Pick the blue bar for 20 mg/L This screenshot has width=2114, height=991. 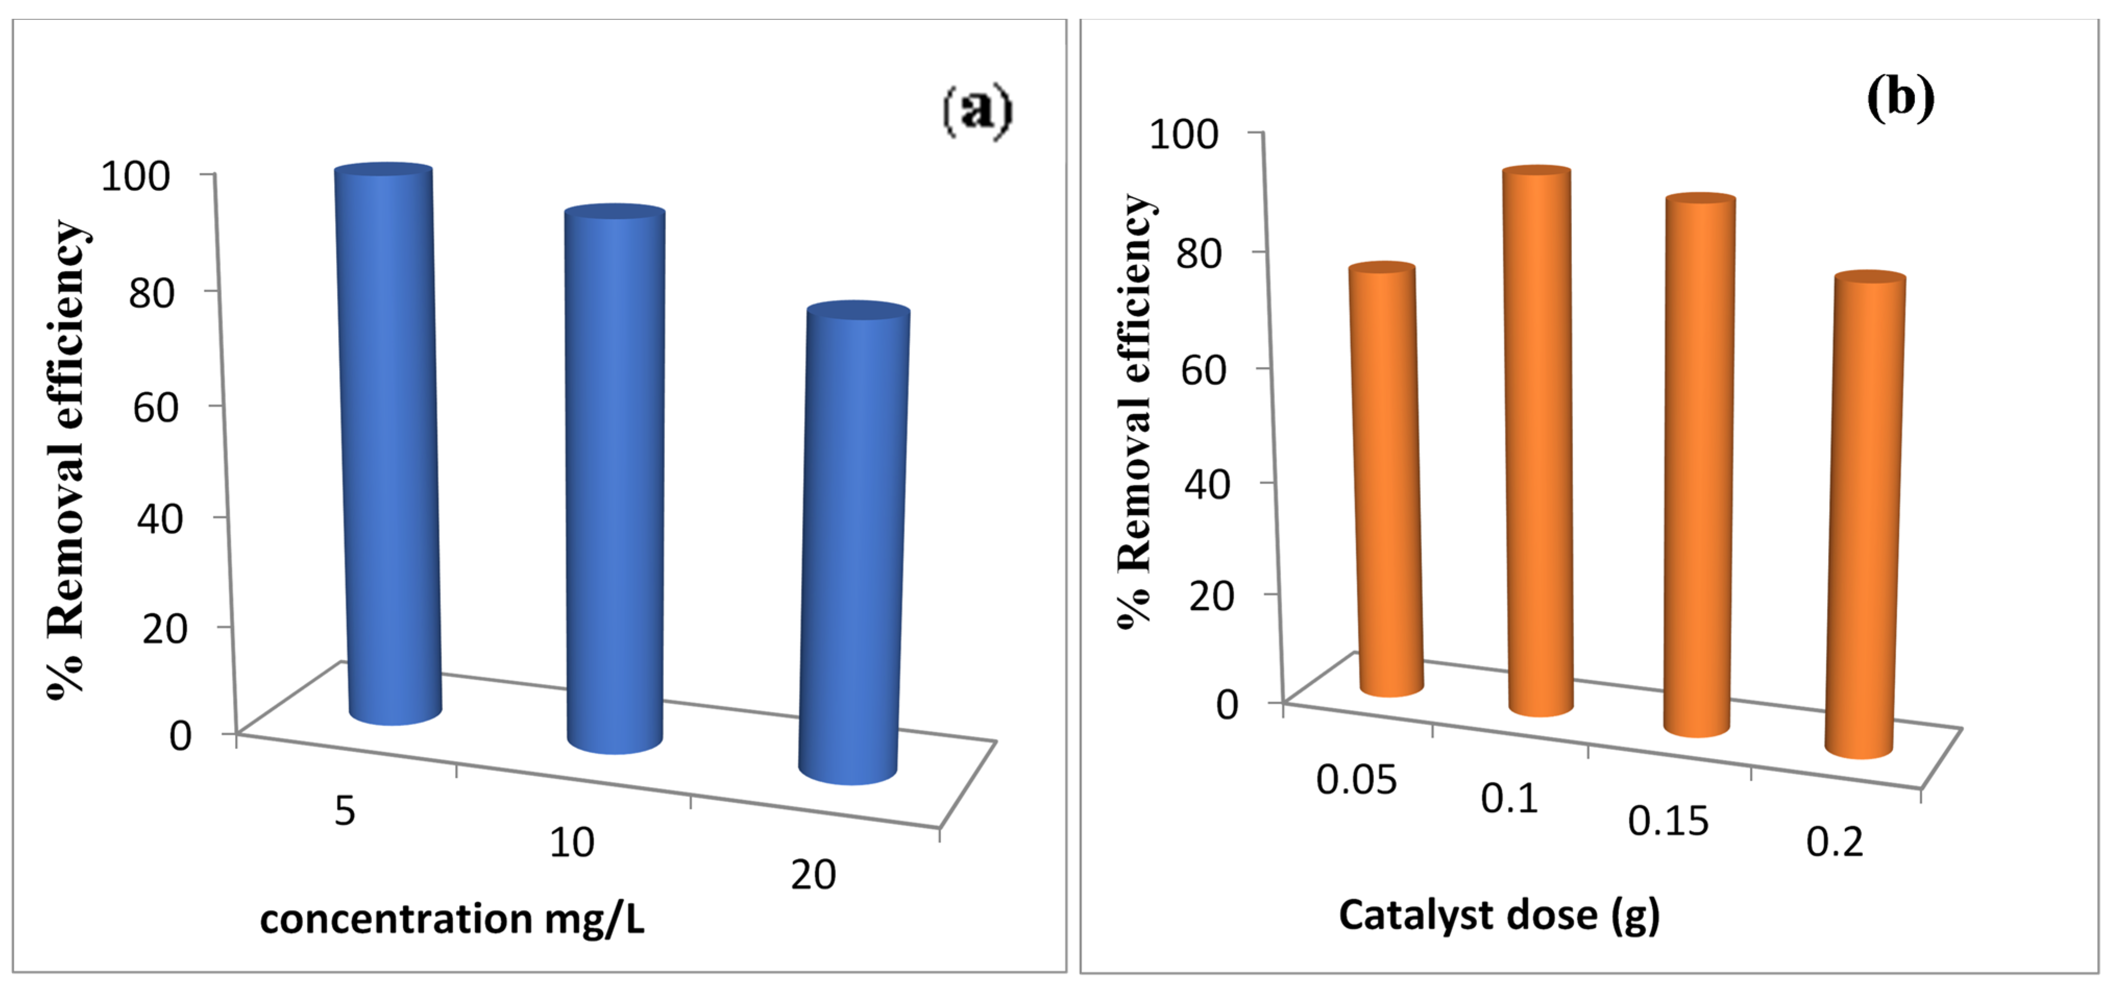(854, 542)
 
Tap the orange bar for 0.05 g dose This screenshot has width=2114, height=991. (1386, 480)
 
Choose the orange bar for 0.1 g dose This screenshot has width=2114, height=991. (1539, 439)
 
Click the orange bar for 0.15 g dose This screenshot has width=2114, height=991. (1699, 464)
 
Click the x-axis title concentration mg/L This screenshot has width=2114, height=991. (452, 919)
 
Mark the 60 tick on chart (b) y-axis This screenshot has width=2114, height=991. (1203, 370)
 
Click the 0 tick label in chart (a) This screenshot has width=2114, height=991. (180, 735)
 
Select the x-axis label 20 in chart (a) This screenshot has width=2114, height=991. (813, 875)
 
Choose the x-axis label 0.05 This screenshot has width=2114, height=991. (1356, 780)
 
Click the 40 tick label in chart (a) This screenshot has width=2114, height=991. (159, 519)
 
